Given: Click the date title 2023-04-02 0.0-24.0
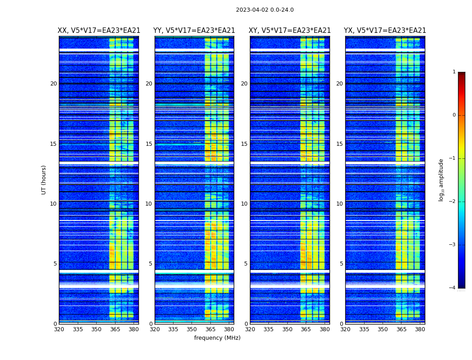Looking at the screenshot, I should tap(265, 10).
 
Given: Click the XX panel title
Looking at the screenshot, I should tap(99, 31).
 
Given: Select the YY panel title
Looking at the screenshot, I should tap(194, 31).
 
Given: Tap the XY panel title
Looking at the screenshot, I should tap(290, 31).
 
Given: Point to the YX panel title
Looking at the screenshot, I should tap(385, 31).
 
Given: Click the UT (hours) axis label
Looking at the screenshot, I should tap(44, 180).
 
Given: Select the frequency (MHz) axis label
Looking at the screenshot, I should tap(217, 338).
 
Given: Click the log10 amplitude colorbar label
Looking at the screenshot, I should tap(441, 180).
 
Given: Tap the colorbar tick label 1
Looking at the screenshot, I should tap(454, 72).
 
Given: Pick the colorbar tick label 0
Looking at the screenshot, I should tap(454, 115).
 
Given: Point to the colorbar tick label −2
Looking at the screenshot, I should tap(453, 202).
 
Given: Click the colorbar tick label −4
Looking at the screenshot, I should tap(453, 288).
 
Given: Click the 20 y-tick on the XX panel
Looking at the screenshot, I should tap(53, 84).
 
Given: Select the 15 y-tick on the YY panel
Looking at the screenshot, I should tap(149, 144).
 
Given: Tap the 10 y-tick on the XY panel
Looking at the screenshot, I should tap(244, 204).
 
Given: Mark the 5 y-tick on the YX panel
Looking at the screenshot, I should tap(341, 264).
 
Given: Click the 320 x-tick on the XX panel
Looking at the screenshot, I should tap(59, 329).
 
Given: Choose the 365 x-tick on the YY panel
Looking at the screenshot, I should tap(210, 329).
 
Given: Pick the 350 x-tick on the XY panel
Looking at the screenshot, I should tap(287, 329).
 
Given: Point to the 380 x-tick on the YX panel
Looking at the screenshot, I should tap(420, 329).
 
